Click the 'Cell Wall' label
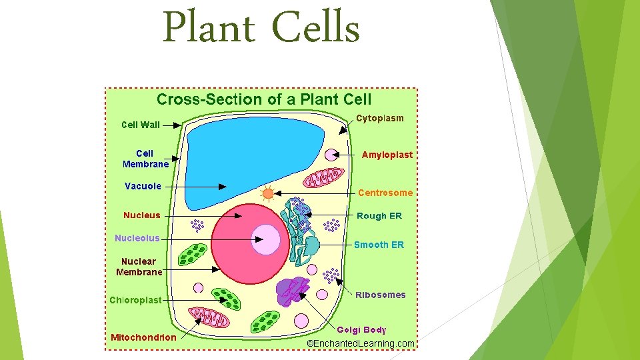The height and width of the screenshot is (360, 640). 140,125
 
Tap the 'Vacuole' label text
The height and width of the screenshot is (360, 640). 143,186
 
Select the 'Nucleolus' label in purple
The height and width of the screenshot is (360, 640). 137,238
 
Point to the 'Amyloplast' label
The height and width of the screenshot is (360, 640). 387,155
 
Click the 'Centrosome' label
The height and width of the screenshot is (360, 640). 385,193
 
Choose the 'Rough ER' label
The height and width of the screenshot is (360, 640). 379,216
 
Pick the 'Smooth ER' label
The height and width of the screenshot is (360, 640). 379,245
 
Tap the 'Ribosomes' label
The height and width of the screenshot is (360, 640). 380,295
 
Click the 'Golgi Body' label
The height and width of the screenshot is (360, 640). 361,329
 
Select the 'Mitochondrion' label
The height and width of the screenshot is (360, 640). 144,337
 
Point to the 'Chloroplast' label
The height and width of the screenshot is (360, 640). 136,300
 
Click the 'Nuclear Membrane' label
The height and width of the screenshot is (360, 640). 139,267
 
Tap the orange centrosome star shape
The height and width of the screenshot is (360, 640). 268,194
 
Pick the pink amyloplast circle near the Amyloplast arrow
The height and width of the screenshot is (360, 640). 331,155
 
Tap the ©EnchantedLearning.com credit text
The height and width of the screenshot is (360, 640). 360,343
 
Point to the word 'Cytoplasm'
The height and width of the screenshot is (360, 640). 380,118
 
